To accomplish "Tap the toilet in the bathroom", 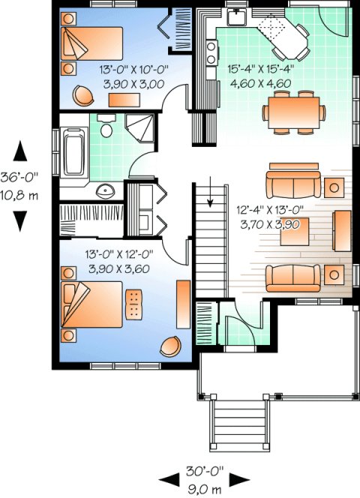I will point(106,128).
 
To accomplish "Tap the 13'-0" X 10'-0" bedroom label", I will point(133,70).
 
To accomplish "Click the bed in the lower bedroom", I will point(91,305).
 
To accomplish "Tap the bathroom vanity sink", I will point(107,190).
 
